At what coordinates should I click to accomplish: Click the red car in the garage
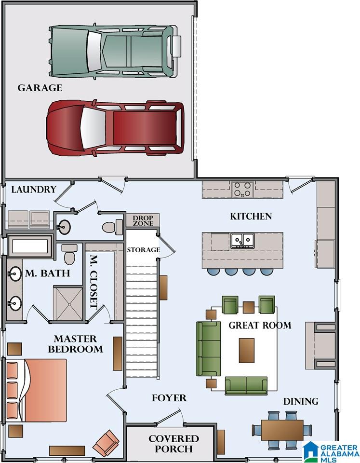click(x=115, y=127)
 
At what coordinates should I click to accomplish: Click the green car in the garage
click(x=115, y=51)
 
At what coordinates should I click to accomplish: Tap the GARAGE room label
click(x=40, y=88)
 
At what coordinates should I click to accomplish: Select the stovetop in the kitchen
click(x=242, y=190)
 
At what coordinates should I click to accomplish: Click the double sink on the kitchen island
click(x=242, y=240)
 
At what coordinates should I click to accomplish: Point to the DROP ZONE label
click(x=143, y=221)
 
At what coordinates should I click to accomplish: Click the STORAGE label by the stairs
click(x=144, y=250)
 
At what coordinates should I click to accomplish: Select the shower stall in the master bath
click(x=68, y=303)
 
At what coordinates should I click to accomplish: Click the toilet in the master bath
click(x=70, y=255)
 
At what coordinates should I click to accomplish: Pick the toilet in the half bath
click(x=112, y=227)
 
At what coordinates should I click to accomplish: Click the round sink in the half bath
click(x=63, y=227)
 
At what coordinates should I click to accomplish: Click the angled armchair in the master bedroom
click(x=106, y=443)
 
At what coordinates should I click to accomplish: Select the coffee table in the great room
click(x=247, y=351)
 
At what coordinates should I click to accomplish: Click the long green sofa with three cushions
click(x=209, y=349)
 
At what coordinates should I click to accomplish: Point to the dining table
click(x=282, y=430)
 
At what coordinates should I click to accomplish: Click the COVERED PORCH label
click(x=173, y=444)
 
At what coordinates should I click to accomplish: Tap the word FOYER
click(x=169, y=398)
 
